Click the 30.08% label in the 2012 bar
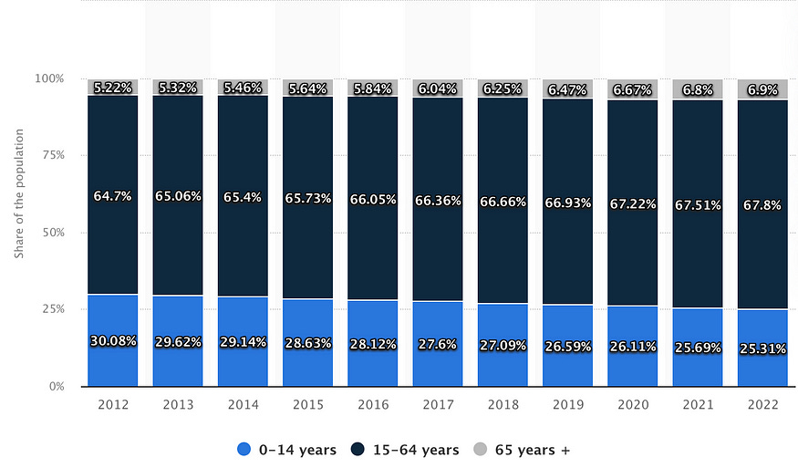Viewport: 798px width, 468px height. [112, 341]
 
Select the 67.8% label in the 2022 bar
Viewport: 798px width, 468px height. [762, 203]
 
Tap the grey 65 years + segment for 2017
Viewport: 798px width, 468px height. [438, 88]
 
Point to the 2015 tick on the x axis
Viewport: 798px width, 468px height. [307, 404]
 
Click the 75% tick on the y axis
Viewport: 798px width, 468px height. [52, 155]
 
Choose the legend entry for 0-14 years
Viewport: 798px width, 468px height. [286, 450]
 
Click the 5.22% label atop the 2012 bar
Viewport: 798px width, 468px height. [112, 88]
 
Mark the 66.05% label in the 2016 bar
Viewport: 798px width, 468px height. [372, 200]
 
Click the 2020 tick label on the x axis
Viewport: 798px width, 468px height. [632, 404]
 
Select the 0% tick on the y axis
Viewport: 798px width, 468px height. [56, 387]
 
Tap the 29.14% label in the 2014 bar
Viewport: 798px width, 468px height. [243, 343]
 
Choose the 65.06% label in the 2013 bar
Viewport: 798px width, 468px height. [178, 195]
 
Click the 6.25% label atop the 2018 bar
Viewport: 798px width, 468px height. [503, 89]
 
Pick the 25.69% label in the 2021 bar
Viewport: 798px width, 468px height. [698, 348]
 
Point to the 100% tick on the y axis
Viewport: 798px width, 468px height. [49, 78]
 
